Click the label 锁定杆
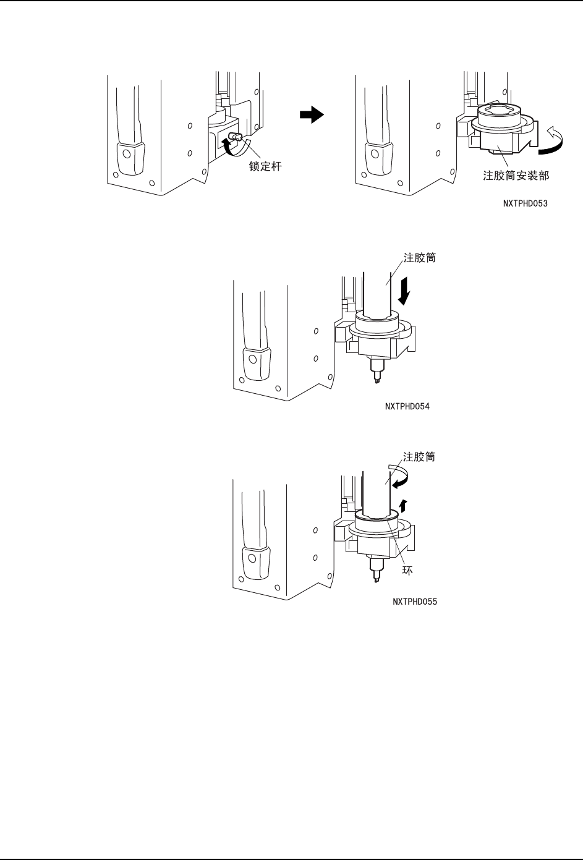pos(265,167)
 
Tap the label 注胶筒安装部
pos(516,176)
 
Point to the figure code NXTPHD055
pos(415,602)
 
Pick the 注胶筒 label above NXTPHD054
pos(420,258)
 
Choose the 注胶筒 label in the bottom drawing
pos(419,457)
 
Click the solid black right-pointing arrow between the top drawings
pos(312,114)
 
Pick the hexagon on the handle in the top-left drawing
pos(126,153)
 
